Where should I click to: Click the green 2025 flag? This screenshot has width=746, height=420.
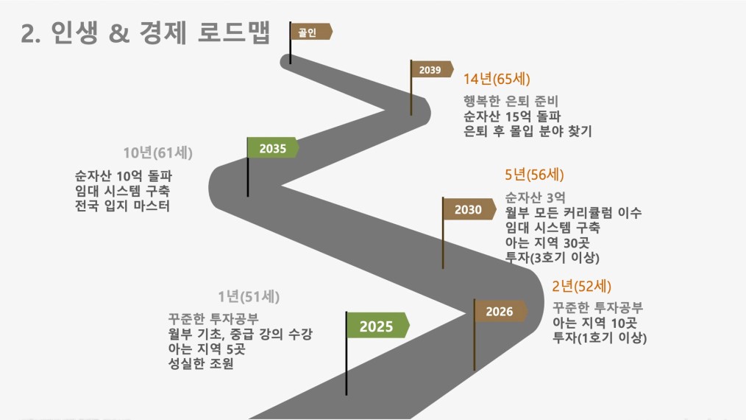377,326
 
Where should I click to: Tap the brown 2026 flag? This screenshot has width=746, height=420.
500,311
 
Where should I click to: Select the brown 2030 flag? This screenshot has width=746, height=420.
469,209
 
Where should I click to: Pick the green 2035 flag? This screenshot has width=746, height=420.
273,148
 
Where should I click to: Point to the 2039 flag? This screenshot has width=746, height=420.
431,69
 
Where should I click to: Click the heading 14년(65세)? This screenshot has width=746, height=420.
497,79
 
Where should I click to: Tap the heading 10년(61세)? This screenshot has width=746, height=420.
158,153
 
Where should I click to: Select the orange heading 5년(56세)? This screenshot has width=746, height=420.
534,175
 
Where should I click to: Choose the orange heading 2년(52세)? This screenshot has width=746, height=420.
581,286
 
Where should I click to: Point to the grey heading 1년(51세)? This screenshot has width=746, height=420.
249,297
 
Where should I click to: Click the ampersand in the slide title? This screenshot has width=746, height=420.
119,33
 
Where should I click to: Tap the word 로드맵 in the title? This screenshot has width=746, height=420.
234,32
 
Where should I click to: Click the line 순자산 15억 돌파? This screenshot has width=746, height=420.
512,116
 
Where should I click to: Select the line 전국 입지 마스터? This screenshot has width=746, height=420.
122,206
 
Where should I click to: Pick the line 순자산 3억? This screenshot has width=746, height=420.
536,197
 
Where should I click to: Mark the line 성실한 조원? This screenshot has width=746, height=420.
201,364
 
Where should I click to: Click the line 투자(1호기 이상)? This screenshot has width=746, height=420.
600,337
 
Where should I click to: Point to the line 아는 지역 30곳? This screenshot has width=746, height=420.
547,242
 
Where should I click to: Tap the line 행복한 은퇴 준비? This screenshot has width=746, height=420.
511,101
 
